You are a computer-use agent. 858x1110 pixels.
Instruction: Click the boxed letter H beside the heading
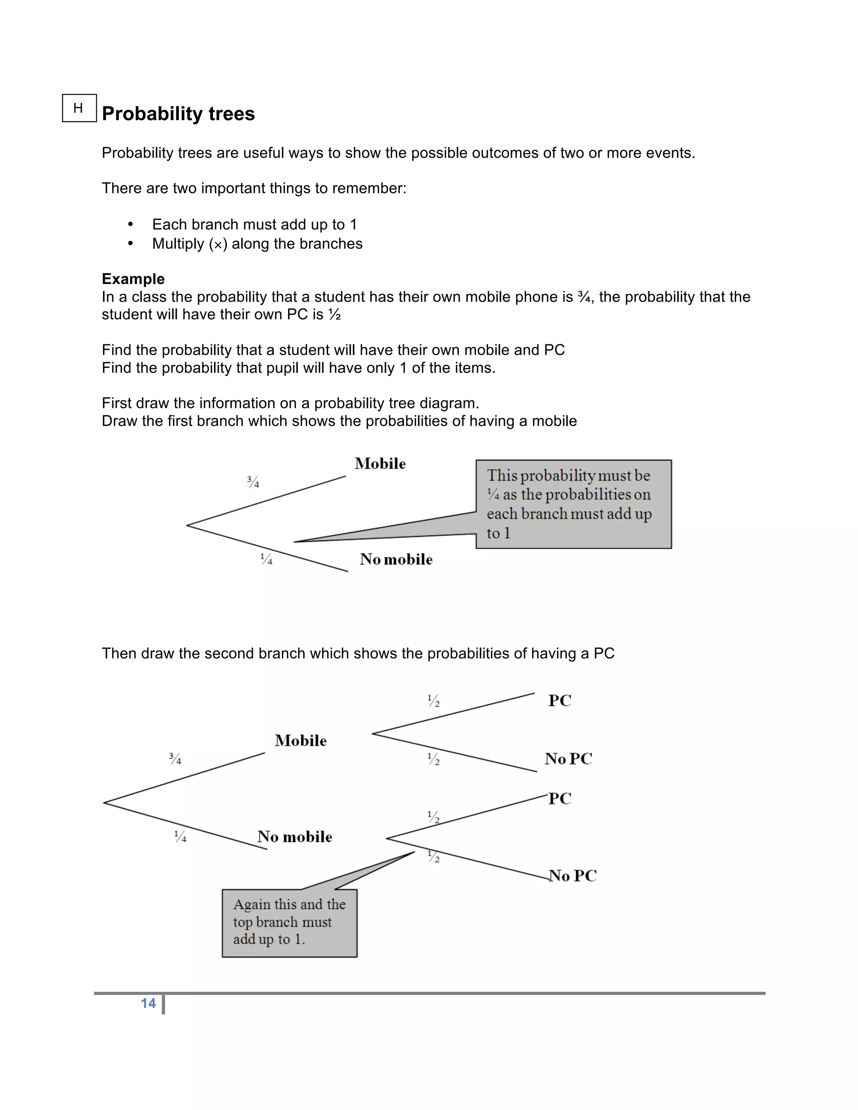coord(78,108)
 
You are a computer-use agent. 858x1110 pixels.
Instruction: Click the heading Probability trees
coord(178,114)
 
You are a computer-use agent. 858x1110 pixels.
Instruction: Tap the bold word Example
coord(133,279)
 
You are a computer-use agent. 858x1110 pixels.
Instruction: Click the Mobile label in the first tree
coord(380,464)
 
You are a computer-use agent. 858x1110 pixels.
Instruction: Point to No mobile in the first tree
coord(396,559)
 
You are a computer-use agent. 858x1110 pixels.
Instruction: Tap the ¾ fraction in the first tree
coord(253,481)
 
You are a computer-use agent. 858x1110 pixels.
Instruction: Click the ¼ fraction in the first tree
coord(266,559)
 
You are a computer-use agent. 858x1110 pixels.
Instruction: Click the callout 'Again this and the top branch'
coord(289,922)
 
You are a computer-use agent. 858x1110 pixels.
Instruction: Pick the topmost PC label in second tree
coord(560,700)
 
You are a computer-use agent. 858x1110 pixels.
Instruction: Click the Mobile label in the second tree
coord(300,741)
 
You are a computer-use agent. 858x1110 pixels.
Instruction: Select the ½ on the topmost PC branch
coord(434,701)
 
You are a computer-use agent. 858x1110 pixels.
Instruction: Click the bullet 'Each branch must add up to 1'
coord(254,224)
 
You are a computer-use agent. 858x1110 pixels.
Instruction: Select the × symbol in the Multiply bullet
coord(218,245)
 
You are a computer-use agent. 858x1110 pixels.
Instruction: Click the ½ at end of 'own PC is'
coord(334,315)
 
